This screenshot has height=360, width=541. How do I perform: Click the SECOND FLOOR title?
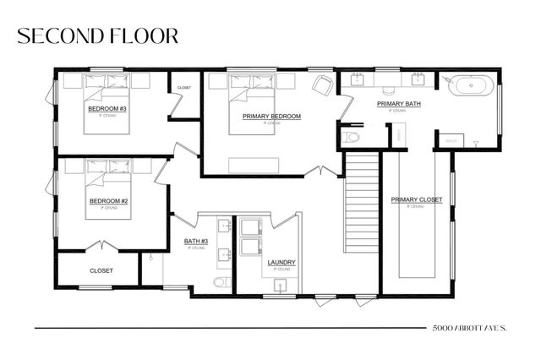coord(97,35)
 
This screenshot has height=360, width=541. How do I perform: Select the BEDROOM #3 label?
coord(107,109)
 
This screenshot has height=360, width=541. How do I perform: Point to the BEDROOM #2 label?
coord(108,200)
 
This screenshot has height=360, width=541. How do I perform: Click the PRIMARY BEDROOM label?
coord(271,116)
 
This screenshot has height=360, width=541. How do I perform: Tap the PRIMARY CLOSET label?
coord(416,199)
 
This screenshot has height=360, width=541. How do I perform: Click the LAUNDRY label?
coord(281,262)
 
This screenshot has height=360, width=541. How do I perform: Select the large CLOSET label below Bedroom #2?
coord(101,270)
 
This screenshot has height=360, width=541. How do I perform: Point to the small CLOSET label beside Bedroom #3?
coord(183,87)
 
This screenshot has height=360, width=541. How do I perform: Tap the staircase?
coord(360,201)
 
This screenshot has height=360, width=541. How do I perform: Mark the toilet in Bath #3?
coord(221,282)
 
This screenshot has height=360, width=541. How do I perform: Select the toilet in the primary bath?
coord(352,136)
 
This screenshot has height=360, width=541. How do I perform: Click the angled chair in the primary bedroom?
coord(322,85)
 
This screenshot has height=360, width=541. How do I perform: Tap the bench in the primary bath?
coord(452,140)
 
